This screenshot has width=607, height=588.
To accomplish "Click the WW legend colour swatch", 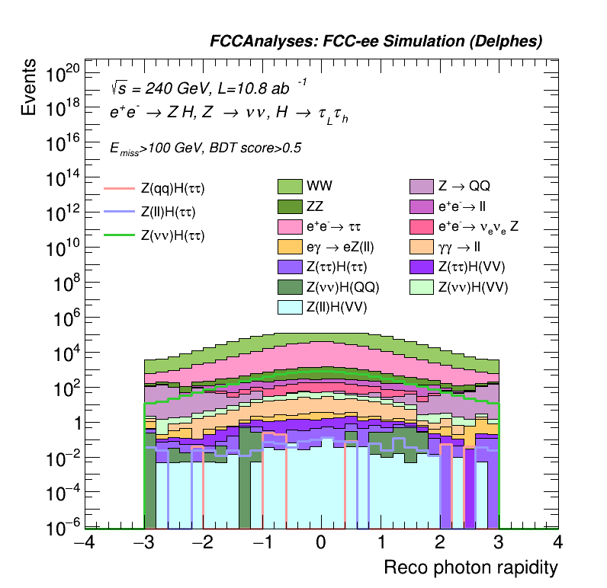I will point(290,186).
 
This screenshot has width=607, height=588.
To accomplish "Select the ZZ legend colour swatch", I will point(290,206).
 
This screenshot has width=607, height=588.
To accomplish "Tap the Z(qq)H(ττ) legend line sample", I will point(118,187).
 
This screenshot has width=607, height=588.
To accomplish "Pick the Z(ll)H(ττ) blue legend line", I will point(118,212).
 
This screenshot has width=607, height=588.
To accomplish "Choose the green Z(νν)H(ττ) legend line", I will point(118,236).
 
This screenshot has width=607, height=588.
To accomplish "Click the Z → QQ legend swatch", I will point(421,186).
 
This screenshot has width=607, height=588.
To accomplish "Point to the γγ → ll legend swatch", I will point(421,246).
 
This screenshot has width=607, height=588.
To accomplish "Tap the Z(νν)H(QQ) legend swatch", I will point(290,286).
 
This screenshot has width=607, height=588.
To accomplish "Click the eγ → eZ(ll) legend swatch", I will point(290,246).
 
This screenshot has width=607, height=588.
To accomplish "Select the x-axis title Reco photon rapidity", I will point(471,568).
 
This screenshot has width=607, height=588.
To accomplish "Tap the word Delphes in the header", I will point(512,42).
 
